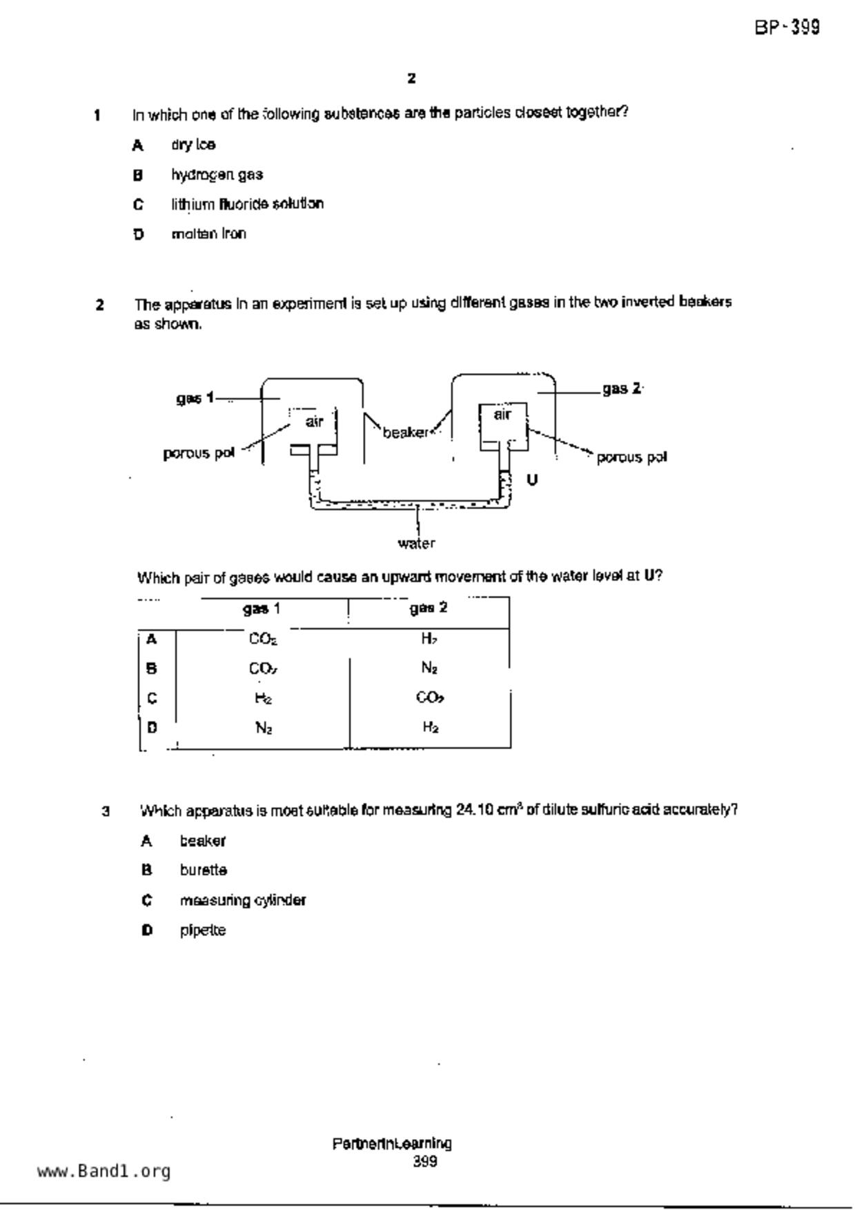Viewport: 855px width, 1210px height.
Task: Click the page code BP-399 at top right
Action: [787, 28]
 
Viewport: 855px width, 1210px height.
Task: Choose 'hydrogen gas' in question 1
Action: [217, 175]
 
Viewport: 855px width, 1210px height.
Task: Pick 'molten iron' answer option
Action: [208, 234]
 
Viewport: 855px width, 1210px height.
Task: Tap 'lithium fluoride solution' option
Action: [247, 204]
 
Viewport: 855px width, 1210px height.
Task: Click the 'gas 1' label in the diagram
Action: [194, 398]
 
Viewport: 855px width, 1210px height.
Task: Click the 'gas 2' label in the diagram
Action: [622, 389]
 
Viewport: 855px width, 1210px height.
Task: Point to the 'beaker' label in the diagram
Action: [405, 433]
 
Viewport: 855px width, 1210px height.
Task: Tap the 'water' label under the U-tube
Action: [416, 544]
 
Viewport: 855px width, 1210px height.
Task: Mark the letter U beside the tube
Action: [532, 479]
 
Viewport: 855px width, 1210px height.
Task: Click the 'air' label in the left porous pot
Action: [314, 421]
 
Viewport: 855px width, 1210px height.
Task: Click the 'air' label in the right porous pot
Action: [502, 414]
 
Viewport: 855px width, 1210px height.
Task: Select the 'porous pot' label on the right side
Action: [631, 457]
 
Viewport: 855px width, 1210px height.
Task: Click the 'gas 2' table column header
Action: [429, 608]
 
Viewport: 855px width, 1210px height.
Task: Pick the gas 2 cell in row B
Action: [429, 668]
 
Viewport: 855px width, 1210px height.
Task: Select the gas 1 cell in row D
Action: [263, 727]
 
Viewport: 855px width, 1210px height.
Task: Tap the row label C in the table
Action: [153, 698]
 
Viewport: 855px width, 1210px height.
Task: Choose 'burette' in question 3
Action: [204, 871]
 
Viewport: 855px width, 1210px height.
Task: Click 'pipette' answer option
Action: [203, 930]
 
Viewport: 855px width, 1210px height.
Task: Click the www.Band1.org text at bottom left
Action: [104, 1171]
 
